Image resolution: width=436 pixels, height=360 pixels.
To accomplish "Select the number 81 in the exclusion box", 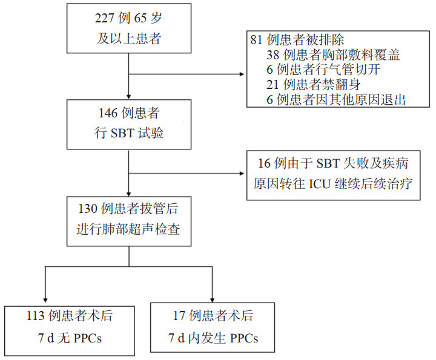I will [x=257, y=40].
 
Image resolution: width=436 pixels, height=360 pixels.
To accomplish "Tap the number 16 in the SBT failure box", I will [x=262, y=164].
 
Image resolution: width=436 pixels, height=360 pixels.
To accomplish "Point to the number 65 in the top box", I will [x=136, y=20].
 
